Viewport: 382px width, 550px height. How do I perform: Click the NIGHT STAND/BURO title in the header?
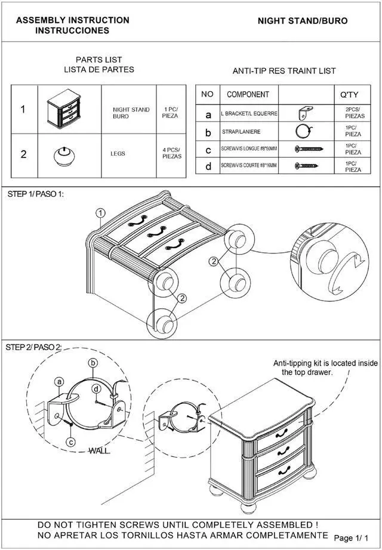[x=302, y=21]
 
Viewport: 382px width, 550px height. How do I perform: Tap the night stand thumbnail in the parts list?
[x=63, y=110]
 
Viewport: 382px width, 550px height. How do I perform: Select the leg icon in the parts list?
[x=63, y=155]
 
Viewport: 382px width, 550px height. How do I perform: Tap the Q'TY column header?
[x=349, y=94]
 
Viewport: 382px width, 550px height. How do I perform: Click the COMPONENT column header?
[x=248, y=94]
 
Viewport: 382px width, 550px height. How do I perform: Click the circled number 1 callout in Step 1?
[x=101, y=212]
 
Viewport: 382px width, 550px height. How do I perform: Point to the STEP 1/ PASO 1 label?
[x=35, y=194]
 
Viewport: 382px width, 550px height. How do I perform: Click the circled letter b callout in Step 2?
[x=93, y=363]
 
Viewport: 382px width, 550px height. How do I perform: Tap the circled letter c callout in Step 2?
[x=70, y=442]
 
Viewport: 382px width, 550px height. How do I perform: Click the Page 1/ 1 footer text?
[x=356, y=538]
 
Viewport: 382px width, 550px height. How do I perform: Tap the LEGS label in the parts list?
[x=118, y=154]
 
